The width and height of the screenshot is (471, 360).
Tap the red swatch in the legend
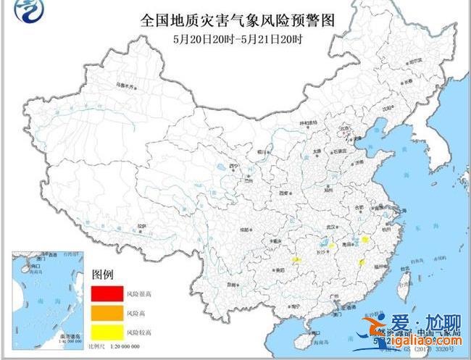pyautogui.click(x=105, y=294)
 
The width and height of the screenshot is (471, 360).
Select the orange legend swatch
pyautogui.click(x=105, y=313)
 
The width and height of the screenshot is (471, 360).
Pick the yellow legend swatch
pyautogui.click(x=105, y=332)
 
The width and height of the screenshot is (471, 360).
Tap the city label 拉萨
pyautogui.click(x=142, y=226)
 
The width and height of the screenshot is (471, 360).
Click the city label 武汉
pyautogui.click(x=333, y=227)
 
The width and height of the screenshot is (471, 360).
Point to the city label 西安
pyautogui.click(x=283, y=193)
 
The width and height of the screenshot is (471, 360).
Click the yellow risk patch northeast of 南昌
pyautogui.click(x=366, y=239)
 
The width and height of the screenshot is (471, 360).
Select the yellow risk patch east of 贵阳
pyautogui.click(x=296, y=259)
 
